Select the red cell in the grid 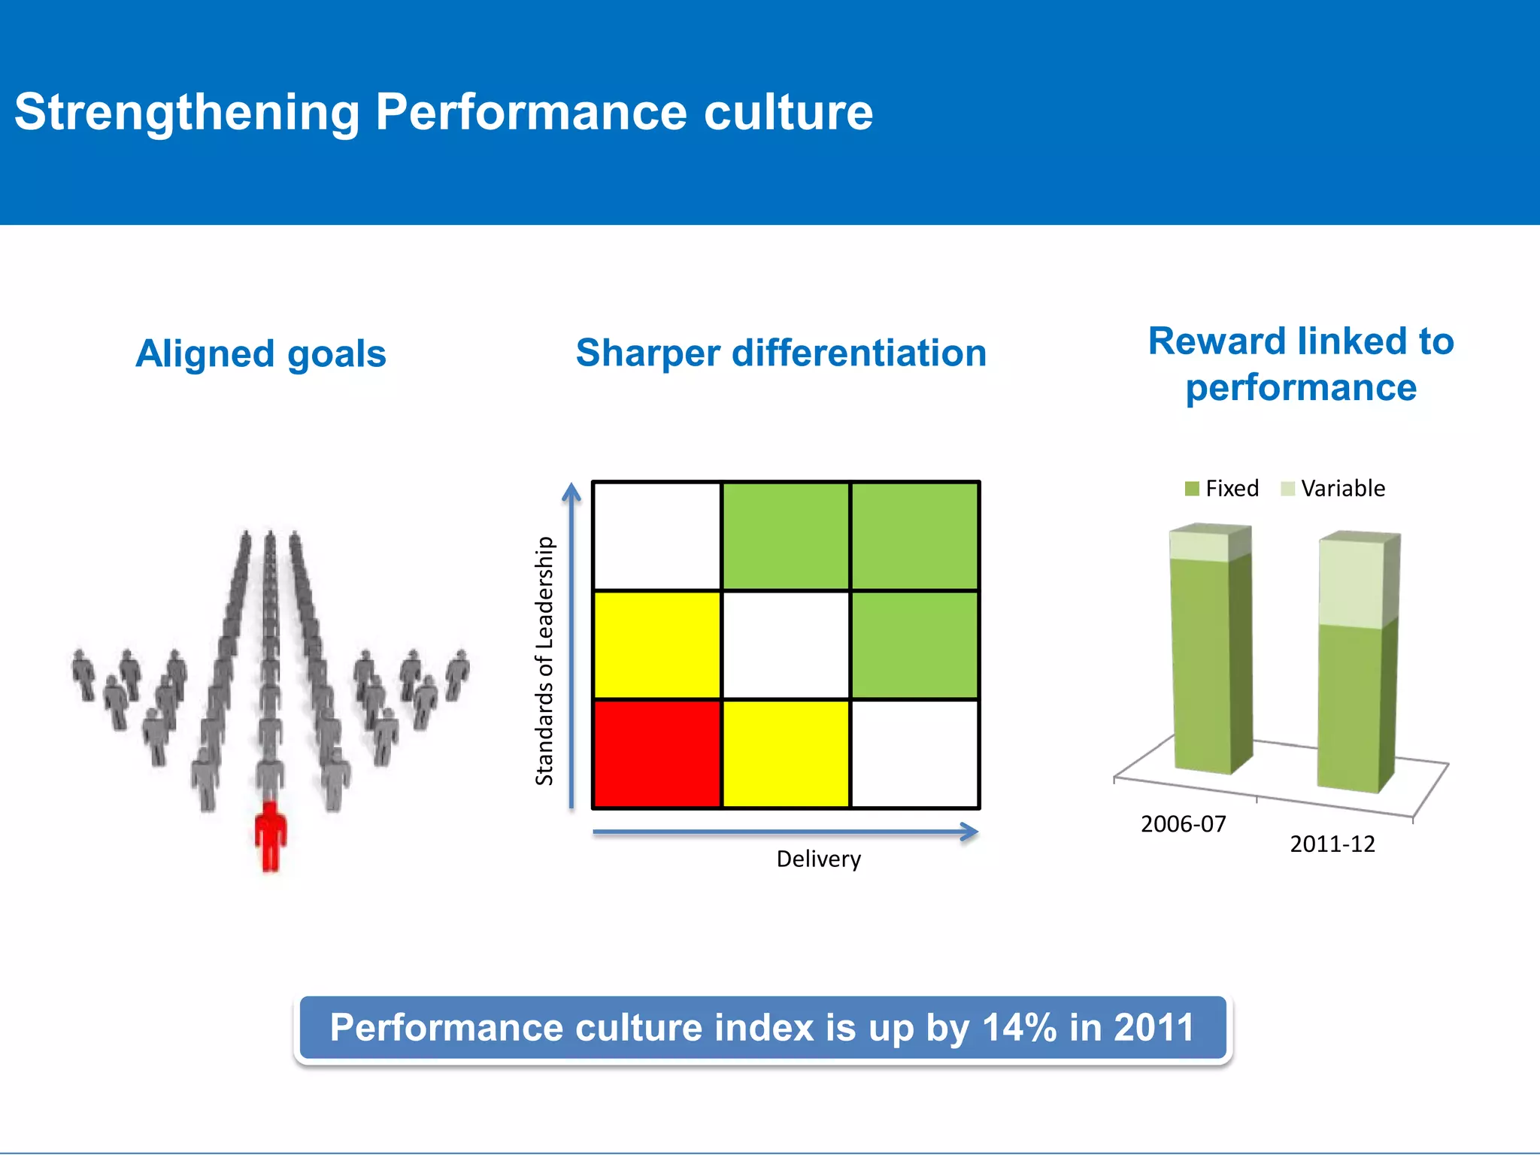click(657, 753)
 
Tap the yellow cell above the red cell click(657, 644)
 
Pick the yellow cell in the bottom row click(786, 753)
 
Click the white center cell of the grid click(786, 644)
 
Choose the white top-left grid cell click(657, 535)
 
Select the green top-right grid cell click(914, 535)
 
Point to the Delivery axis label click(818, 859)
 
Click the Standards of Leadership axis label click(544, 660)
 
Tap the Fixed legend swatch click(1192, 489)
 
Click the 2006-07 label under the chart click(1183, 824)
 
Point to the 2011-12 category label click(1332, 844)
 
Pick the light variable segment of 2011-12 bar click(1351, 583)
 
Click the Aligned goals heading click(261, 353)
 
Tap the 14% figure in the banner click(1019, 1028)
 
